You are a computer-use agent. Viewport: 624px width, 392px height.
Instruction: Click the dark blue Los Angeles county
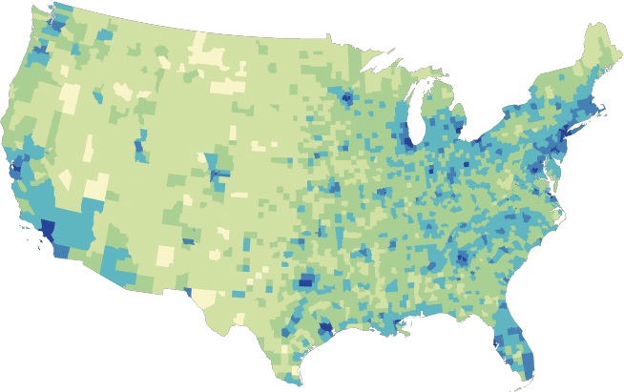pyautogui.click(x=47, y=229)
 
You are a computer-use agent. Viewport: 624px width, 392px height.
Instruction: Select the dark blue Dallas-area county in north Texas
pyautogui.click(x=307, y=281)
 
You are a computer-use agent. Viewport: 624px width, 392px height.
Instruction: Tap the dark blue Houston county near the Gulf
pyautogui.click(x=325, y=328)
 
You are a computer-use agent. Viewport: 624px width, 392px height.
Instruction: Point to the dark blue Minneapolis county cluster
pyautogui.click(x=346, y=97)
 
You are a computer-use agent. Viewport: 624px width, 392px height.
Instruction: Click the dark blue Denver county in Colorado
pyautogui.click(x=220, y=175)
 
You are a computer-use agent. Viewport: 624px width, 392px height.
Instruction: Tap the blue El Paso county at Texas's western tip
pyautogui.click(x=187, y=292)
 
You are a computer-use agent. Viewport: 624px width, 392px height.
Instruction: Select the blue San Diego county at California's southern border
pyautogui.click(x=60, y=251)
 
